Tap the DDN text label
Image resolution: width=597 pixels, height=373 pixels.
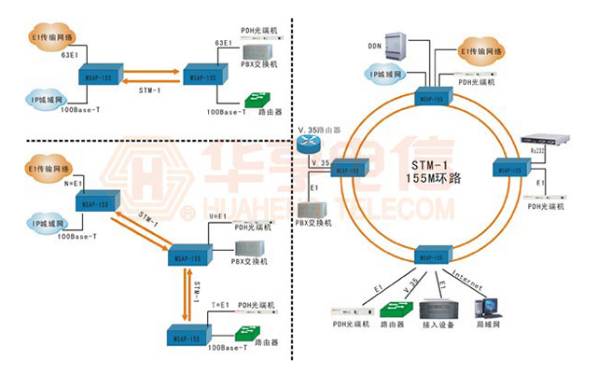click(x=375, y=44)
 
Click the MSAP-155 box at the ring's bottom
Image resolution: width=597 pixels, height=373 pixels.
click(x=431, y=255)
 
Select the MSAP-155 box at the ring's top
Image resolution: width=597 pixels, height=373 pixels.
click(x=431, y=97)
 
